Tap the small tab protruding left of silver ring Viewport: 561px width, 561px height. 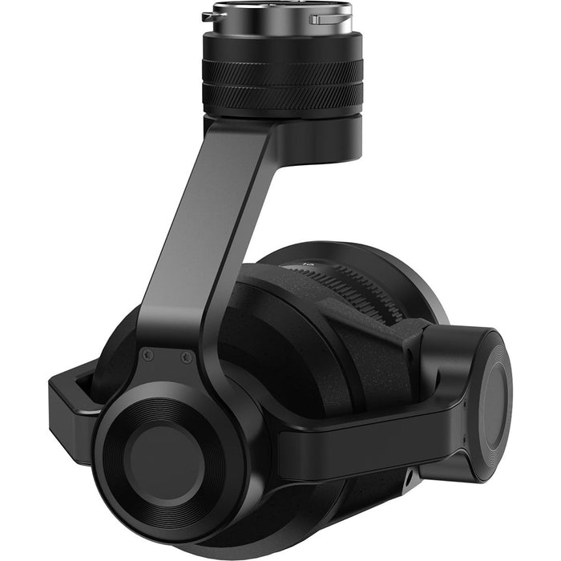pos(208,14)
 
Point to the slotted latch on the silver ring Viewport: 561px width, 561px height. pos(325,18)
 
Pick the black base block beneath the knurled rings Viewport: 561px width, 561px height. pos(321,136)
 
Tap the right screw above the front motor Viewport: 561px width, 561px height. pos(186,357)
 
